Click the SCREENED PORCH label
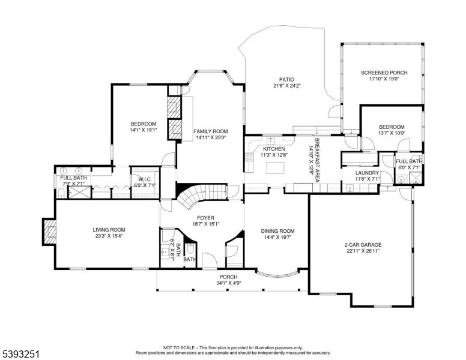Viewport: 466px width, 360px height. (x=384, y=73)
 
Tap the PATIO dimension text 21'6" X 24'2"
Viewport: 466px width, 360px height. (x=286, y=86)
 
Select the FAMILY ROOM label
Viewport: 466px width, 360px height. (x=210, y=131)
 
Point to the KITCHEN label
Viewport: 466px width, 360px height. (x=273, y=149)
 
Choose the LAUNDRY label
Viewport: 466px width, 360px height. (x=367, y=172)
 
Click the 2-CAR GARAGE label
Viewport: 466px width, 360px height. (x=363, y=245)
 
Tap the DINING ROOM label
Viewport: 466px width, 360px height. (x=277, y=231)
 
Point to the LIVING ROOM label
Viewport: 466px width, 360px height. (x=109, y=229)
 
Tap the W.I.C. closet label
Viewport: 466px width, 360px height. (x=144, y=179)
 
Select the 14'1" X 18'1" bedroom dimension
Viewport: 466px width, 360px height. (x=144, y=130)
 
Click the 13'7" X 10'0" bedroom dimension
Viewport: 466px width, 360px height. (x=392, y=133)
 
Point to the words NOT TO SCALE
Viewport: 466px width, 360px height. (x=181, y=347)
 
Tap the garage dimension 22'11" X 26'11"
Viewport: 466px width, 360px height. (x=363, y=251)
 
